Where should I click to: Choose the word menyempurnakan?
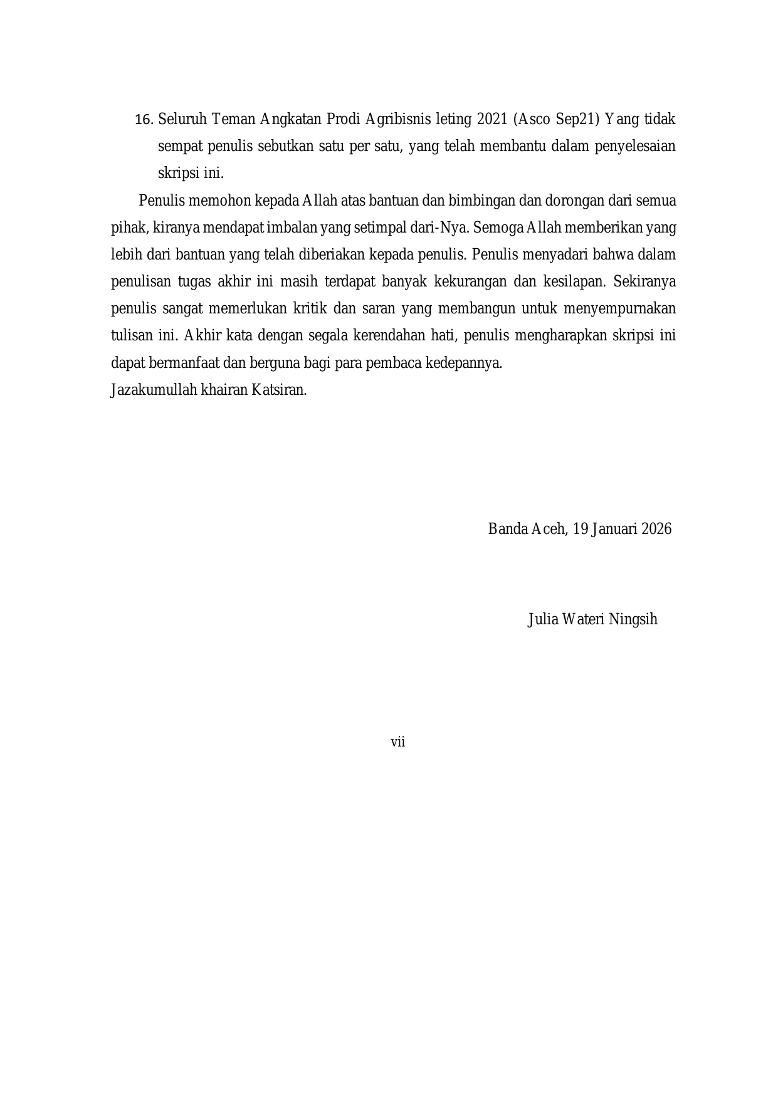(x=619, y=308)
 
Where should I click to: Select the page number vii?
(x=397, y=742)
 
